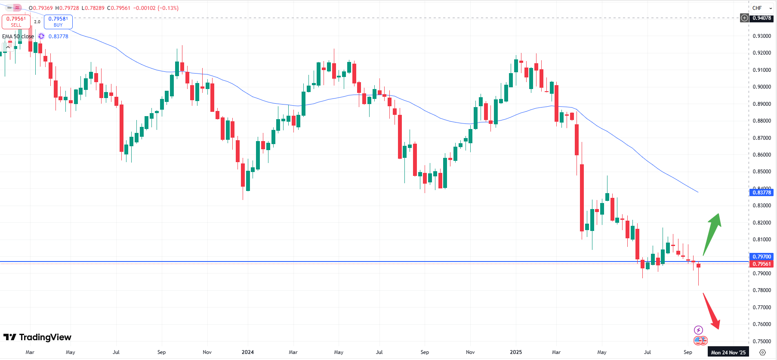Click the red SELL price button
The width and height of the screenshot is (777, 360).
[16, 22]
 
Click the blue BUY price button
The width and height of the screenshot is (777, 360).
[58, 22]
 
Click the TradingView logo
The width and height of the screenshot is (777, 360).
[37, 337]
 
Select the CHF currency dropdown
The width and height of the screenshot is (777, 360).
[762, 8]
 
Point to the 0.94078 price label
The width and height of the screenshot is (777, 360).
[762, 18]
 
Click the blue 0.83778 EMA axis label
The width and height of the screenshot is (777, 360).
[762, 193]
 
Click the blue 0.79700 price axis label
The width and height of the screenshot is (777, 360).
[762, 257]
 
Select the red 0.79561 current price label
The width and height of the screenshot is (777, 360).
[762, 264]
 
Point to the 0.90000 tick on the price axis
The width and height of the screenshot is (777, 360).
[762, 87]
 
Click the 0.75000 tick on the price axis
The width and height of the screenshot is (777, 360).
[762, 342]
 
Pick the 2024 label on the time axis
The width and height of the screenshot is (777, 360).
[248, 352]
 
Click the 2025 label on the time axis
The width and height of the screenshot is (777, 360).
[516, 352]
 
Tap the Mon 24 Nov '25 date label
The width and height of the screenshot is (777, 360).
[728, 352]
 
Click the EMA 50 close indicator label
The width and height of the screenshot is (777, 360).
[18, 37]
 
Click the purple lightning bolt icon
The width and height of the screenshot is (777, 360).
[698, 330]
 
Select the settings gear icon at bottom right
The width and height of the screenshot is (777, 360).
[762, 352]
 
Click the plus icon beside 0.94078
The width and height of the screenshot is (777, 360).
[744, 18]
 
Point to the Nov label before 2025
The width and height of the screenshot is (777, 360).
[470, 352]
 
